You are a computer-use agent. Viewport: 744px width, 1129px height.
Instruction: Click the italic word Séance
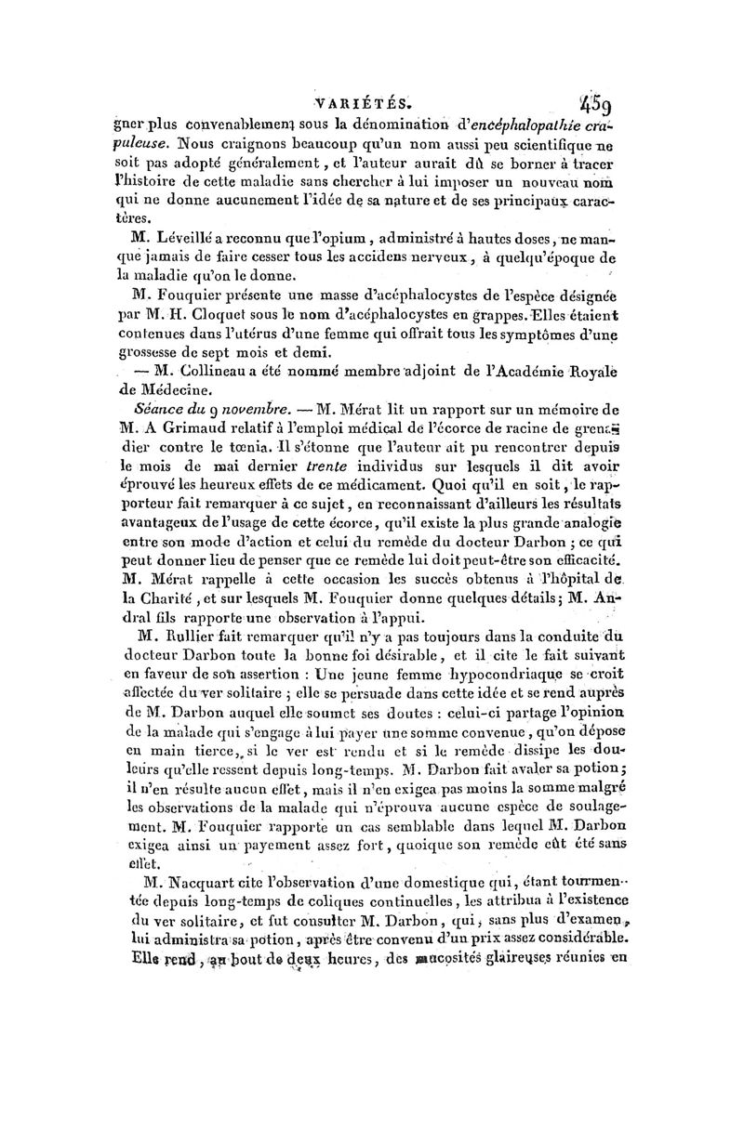pos(160,410)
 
